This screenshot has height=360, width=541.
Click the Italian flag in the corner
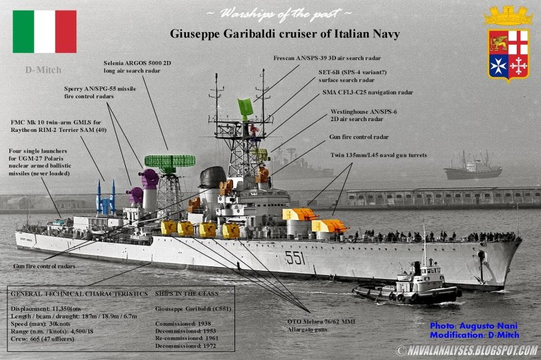pyautogui.click(x=44, y=31)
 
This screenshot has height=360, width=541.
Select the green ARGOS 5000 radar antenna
pyautogui.click(x=169, y=161)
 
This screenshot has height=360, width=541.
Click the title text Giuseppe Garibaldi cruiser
pyautogui.click(x=289, y=33)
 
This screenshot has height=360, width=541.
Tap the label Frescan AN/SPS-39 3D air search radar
pyautogui.click(x=327, y=58)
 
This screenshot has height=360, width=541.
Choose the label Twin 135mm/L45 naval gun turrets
pyautogui.click(x=379, y=155)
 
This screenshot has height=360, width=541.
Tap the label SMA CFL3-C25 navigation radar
pyautogui.click(x=368, y=92)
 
